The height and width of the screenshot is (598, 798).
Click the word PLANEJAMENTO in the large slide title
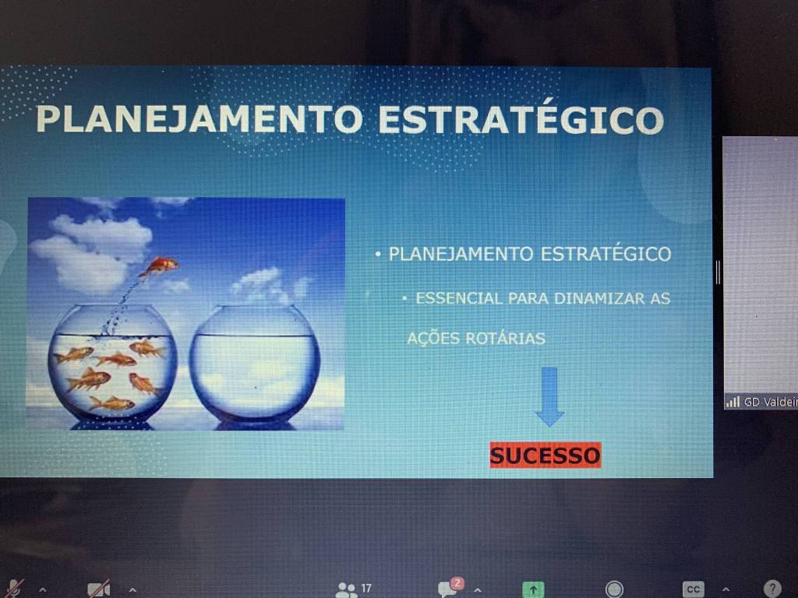199,119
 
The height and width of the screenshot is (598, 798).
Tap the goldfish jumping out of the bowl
159,266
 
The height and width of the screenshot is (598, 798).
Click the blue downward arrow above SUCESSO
549,396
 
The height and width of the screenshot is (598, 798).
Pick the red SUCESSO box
545,455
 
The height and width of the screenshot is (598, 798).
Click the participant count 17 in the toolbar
366,589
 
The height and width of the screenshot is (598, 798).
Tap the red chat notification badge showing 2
457,582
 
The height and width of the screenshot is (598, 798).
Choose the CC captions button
693,589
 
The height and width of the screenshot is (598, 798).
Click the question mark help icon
772,589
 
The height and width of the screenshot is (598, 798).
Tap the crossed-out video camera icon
99,589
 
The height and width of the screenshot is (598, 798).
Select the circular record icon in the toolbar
614,589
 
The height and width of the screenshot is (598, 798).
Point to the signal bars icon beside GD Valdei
733,402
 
